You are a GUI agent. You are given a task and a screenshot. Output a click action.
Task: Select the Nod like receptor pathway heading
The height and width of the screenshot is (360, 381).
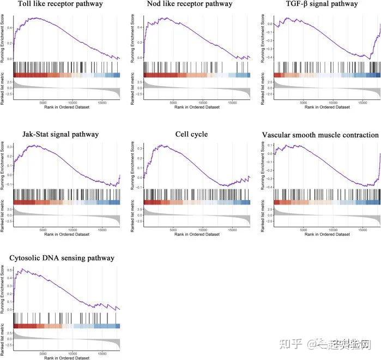[x=189, y=4]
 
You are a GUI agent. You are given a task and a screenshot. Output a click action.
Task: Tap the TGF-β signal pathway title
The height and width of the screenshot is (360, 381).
[x=322, y=4]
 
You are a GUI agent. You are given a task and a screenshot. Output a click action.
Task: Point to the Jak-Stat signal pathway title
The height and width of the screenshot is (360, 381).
[x=61, y=134]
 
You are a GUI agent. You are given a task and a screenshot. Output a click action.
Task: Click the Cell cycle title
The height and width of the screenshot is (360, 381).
[x=191, y=134]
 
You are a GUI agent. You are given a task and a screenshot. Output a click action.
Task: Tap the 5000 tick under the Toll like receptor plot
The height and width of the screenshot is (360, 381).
[x=44, y=101]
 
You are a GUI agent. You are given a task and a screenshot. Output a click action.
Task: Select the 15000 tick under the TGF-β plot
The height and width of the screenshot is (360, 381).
[x=364, y=101]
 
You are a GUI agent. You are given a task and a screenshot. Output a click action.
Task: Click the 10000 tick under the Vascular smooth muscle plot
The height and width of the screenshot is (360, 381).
[x=334, y=230]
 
